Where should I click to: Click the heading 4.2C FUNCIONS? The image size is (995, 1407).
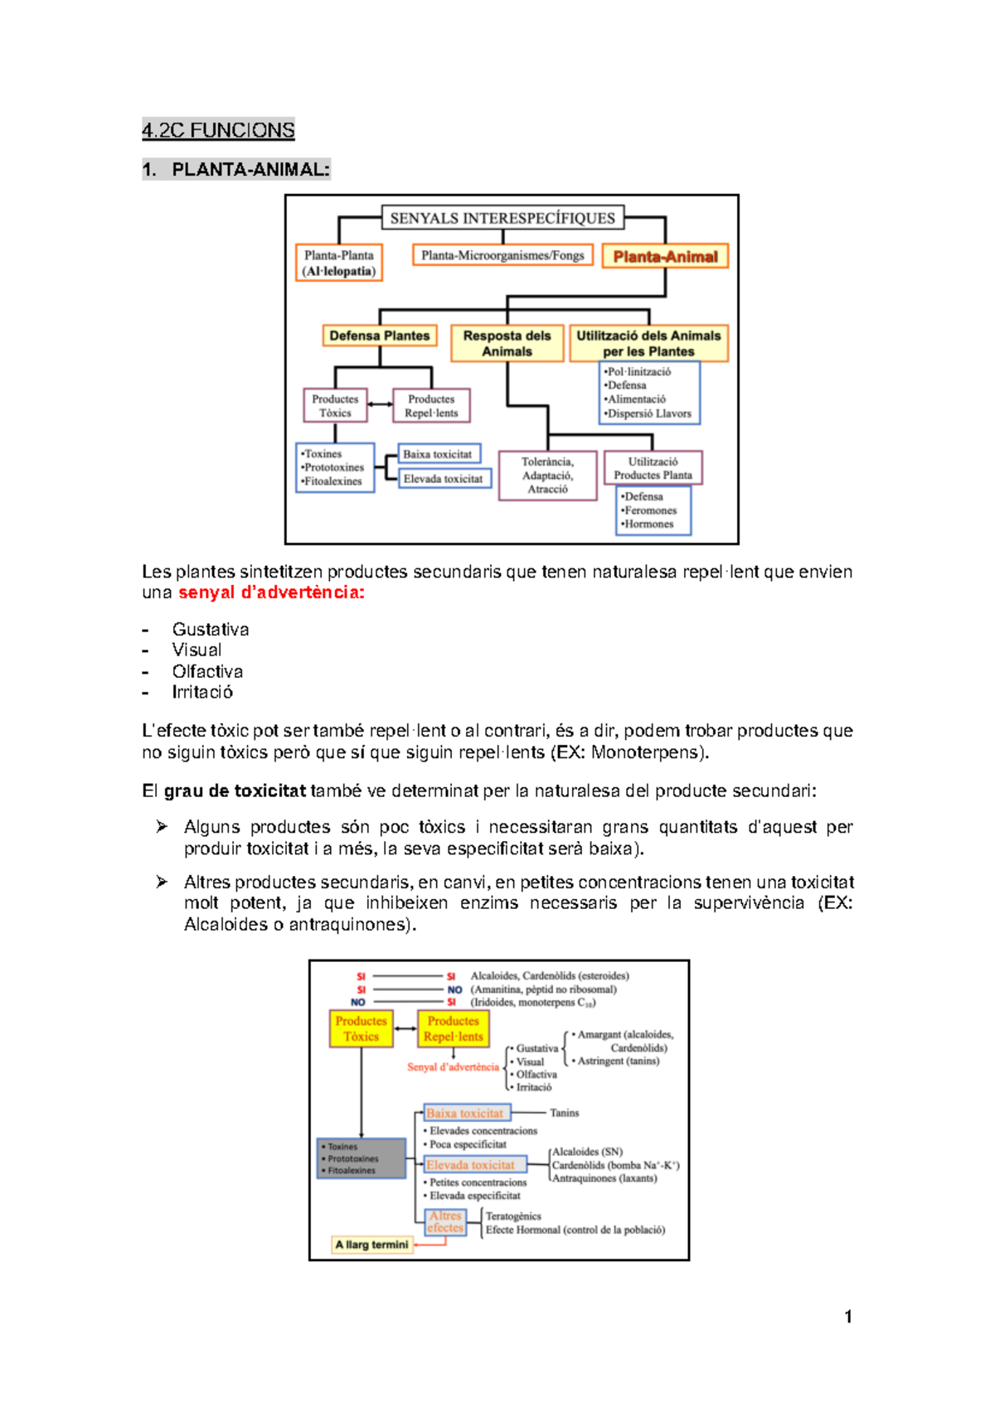(x=218, y=130)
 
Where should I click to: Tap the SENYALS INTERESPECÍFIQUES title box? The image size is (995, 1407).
(x=502, y=218)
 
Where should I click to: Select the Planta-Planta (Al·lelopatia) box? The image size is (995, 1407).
(x=338, y=263)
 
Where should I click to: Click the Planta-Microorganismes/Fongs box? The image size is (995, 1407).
(x=502, y=255)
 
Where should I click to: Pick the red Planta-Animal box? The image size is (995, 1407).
(x=665, y=257)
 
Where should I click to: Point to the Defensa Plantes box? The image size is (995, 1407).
(x=380, y=336)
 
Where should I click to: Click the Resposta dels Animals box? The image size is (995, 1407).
(x=507, y=343)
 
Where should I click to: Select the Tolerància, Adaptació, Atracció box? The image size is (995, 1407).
(x=547, y=476)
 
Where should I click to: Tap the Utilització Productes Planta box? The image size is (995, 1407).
(x=653, y=468)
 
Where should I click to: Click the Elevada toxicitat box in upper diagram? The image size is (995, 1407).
(x=444, y=479)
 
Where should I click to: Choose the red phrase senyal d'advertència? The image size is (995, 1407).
(x=271, y=592)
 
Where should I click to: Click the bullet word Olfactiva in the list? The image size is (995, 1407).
(x=207, y=671)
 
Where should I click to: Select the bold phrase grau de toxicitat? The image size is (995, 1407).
(x=235, y=791)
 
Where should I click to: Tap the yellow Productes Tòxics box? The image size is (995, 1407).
(x=361, y=1028)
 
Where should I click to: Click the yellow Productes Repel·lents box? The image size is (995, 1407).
(x=453, y=1028)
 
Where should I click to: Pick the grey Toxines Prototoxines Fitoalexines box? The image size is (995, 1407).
(x=361, y=1158)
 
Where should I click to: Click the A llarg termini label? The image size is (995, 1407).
(x=371, y=1245)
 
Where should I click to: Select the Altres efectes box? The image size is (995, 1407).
(x=445, y=1221)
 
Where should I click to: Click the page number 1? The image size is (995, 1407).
(x=847, y=1317)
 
